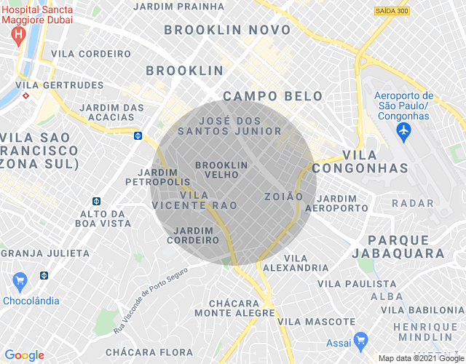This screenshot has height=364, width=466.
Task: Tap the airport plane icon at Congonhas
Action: (x=403, y=131)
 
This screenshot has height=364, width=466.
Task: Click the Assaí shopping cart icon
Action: (x=360, y=339)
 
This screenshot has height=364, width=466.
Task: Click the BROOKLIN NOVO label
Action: (x=227, y=31)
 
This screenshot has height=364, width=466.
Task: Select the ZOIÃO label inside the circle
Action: (x=283, y=197)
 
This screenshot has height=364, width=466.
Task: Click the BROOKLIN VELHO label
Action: (x=221, y=170)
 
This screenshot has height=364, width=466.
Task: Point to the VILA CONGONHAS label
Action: (x=375, y=162)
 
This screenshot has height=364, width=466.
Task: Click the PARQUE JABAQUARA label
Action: (x=406, y=247)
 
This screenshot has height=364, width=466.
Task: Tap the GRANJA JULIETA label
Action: (x=45, y=253)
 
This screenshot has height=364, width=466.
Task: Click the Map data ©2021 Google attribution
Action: (x=420, y=358)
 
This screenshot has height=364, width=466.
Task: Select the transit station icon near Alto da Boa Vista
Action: (x=96, y=201)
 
